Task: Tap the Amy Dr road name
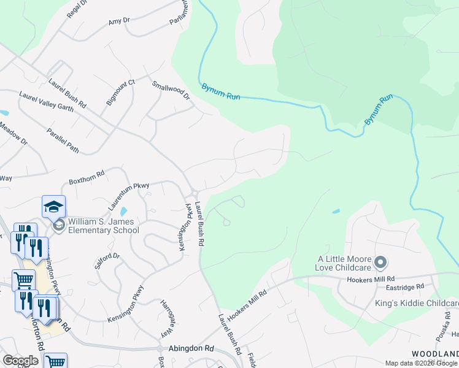tap(119, 21)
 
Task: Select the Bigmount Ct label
tap(120, 93)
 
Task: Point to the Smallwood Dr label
tap(171, 93)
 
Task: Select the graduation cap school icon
tap(53, 205)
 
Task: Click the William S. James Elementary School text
tap(104, 226)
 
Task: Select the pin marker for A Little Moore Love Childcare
tap(380, 263)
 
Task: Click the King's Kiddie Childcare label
tap(417, 304)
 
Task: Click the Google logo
tap(20, 361)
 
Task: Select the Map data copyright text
tap(422, 363)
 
